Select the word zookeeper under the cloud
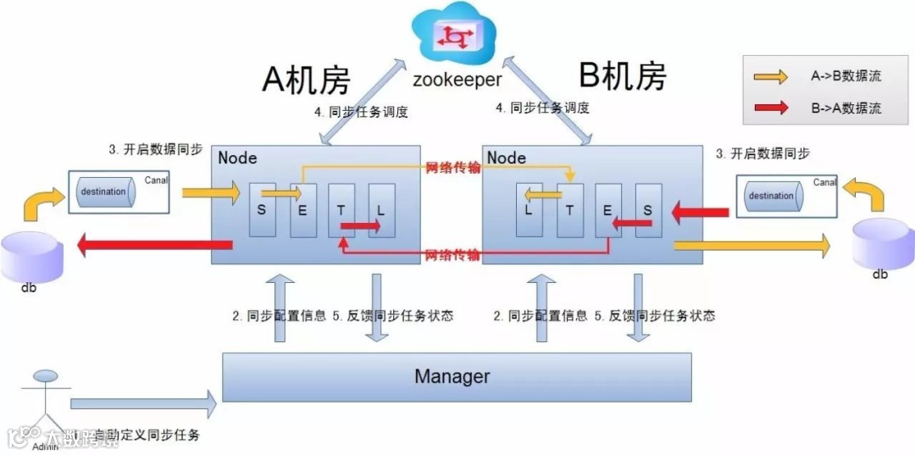457,80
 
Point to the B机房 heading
622,76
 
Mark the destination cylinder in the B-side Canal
771,196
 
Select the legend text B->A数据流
846,108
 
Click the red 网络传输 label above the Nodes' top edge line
453,168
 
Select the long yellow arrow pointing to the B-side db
751,246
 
